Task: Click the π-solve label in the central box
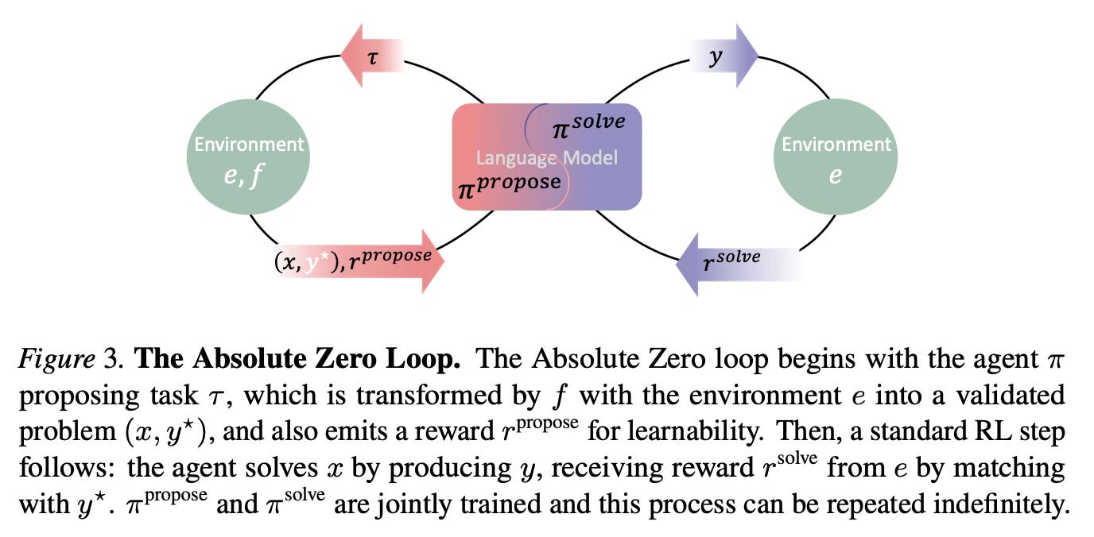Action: (589, 126)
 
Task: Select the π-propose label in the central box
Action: (509, 184)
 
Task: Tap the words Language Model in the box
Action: (547, 157)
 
